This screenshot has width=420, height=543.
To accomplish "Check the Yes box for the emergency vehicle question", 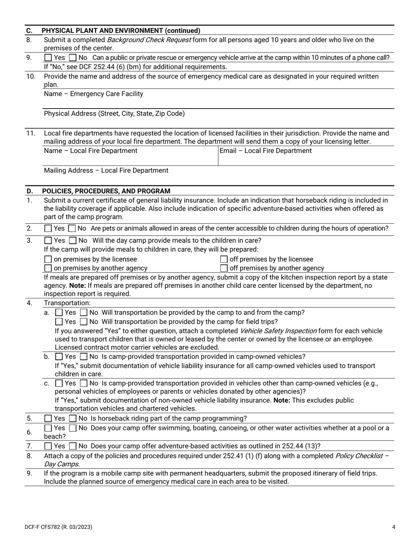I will [48, 58].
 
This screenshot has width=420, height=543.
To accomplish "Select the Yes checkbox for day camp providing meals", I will [48, 241].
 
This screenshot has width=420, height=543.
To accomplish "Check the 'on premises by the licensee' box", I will [48, 259].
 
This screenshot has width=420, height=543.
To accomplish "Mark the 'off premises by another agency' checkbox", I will [224, 268].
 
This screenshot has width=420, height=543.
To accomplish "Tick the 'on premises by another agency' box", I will [48, 268].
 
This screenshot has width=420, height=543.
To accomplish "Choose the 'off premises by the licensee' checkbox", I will [224, 259].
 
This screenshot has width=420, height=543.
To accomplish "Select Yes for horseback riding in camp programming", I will [48, 419].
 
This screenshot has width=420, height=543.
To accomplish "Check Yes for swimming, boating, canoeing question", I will [48, 428].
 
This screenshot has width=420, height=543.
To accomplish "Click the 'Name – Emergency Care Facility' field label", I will [93, 94].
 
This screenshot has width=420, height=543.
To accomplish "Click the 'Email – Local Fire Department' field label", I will [265, 151].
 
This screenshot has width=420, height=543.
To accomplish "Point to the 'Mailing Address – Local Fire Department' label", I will [106, 170].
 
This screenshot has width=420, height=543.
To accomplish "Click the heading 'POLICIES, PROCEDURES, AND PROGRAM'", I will [106, 191].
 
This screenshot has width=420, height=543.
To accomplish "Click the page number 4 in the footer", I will [393, 527].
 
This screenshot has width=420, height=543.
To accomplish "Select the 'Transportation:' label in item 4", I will [67, 303].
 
